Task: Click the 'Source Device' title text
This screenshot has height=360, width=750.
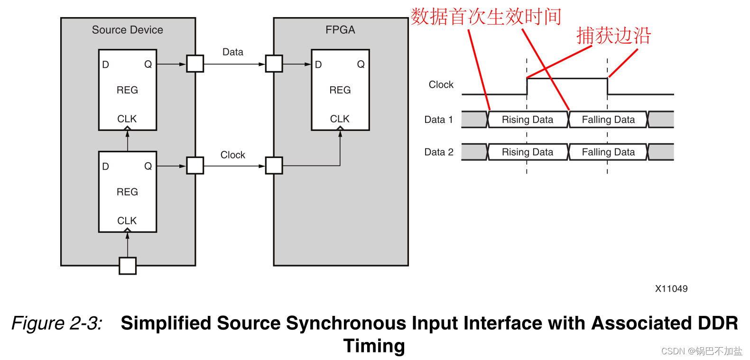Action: pos(127,30)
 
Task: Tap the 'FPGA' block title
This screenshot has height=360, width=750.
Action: pos(340,30)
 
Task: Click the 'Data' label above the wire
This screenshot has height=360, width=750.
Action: pos(232,52)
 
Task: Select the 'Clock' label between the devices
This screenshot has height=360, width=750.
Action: pos(232,155)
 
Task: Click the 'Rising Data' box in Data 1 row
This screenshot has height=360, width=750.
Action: pos(528,120)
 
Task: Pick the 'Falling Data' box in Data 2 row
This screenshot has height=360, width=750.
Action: pos(608,152)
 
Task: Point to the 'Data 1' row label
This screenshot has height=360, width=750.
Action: pos(438,120)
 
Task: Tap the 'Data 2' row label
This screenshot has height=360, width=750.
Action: pos(438,152)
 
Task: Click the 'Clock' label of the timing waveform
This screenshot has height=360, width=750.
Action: pos(441,85)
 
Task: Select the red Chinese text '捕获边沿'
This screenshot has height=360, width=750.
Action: pos(613,36)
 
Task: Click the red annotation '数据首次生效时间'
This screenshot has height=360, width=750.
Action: pos(486,17)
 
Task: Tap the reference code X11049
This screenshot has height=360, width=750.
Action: pos(671,289)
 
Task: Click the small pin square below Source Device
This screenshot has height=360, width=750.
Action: pos(128,266)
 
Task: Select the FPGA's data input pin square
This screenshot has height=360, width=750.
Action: pos(274,64)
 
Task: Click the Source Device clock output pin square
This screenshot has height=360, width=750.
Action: pos(195,166)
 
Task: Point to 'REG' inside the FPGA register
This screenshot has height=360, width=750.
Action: pos(340,90)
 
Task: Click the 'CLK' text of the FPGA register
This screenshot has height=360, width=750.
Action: pos(340,119)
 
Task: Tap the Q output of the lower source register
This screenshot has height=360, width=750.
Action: pos(148,166)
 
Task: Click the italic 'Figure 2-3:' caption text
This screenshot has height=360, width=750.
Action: pos(57,323)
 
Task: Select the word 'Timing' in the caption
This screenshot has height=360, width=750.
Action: pos(374,346)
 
